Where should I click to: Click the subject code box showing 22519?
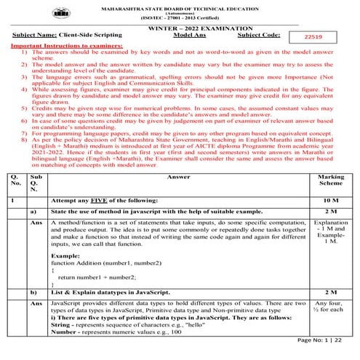(x=324, y=34)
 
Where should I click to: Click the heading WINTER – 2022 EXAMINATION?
(x=181, y=26)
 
